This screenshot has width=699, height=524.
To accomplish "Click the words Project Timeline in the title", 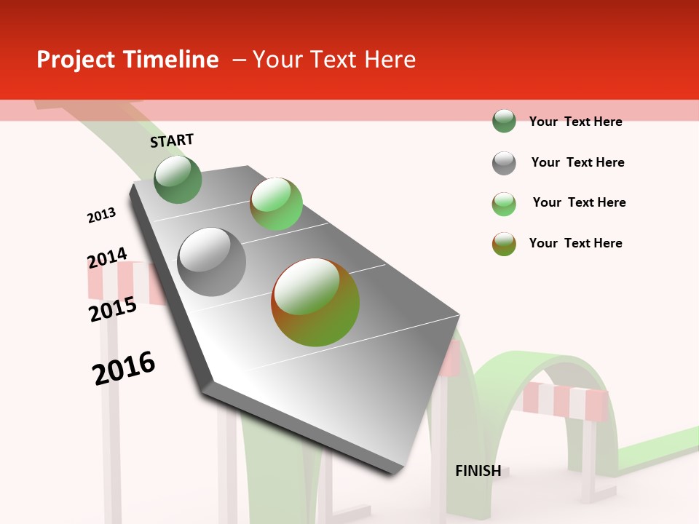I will click(x=127, y=60).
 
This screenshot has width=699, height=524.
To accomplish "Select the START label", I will click(x=172, y=140).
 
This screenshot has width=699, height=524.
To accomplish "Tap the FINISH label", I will click(x=478, y=471).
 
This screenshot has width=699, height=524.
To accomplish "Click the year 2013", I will click(x=101, y=215).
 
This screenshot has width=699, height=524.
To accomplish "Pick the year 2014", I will click(x=107, y=258).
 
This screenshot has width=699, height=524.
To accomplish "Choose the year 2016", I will click(x=124, y=368).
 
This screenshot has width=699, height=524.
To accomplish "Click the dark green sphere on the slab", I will click(x=178, y=180).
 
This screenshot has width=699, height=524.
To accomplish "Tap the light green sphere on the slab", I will click(x=276, y=203).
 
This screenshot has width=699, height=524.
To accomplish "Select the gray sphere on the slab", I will click(x=212, y=261).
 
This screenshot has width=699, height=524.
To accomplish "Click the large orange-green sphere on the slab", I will click(x=315, y=302).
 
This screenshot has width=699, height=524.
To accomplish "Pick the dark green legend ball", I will click(x=504, y=121).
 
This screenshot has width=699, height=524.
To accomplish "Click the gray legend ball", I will click(x=504, y=163).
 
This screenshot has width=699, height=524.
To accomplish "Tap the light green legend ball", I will click(x=504, y=204).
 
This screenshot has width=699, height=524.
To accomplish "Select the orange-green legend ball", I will click(x=504, y=244).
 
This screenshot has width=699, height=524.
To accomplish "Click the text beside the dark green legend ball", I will click(x=575, y=122).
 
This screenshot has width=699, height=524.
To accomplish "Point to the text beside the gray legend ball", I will click(x=577, y=162).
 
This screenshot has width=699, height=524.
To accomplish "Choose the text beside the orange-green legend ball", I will click(x=575, y=243).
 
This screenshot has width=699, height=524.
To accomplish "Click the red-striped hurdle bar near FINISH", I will click(x=566, y=401).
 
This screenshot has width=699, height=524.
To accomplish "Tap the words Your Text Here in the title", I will click(x=334, y=60).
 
